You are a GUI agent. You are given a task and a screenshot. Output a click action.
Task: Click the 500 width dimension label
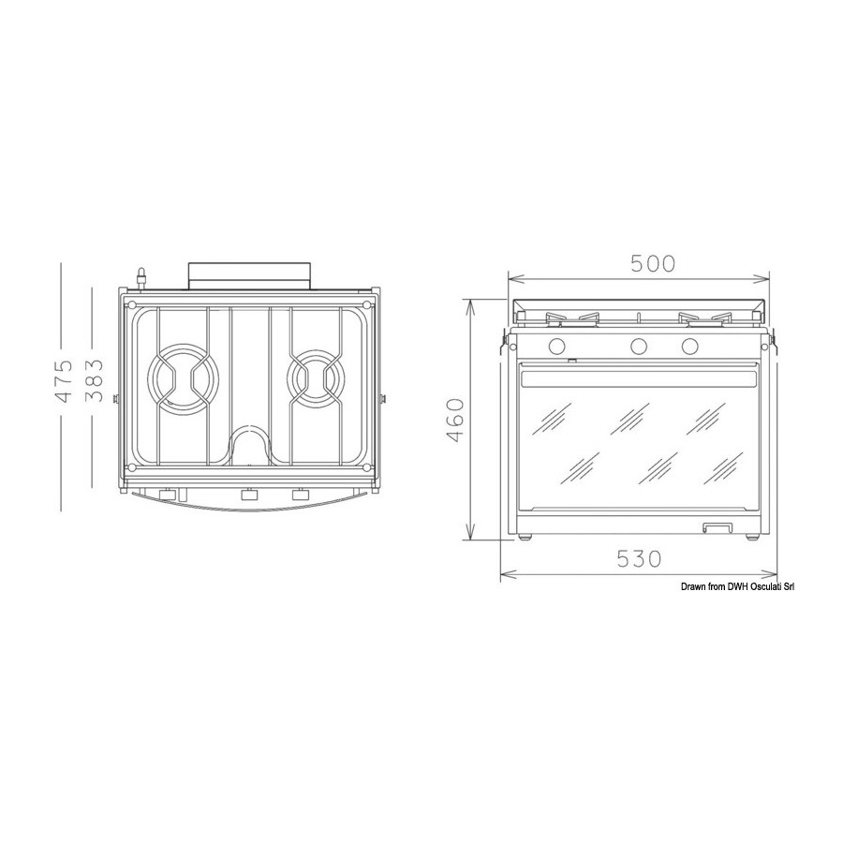652,263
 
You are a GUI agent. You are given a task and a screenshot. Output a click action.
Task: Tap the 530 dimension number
639,559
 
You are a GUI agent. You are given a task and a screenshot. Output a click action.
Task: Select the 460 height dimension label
455,420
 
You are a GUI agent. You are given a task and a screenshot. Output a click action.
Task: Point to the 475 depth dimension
64,382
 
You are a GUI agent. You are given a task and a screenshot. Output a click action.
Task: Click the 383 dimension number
95,380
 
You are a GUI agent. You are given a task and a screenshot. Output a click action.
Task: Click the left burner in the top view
183,379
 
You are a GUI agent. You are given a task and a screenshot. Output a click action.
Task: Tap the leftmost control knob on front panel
556,346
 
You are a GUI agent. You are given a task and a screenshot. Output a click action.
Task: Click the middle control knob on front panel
639,346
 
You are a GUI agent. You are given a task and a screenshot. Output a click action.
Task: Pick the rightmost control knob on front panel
689,346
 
